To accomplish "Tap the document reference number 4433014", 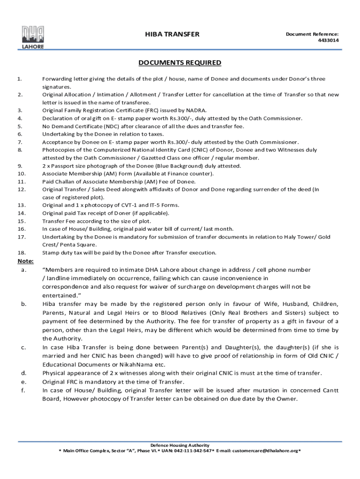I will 328,40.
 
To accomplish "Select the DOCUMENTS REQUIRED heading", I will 180,63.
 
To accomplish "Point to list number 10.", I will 21,174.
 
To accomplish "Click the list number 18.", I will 21,253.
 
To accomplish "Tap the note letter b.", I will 23,304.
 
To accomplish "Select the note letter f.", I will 23,390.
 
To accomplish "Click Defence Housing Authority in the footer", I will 180,445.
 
